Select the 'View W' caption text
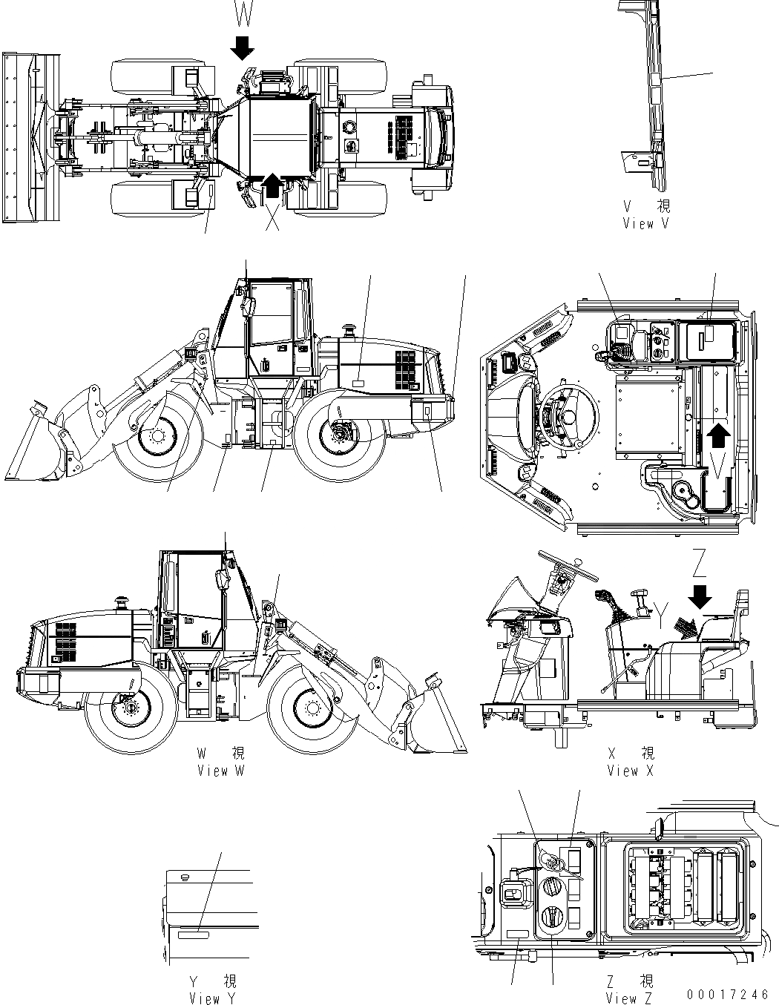point(220,771)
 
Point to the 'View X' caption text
point(631,771)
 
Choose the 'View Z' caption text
point(630,998)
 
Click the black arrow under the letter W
point(241,49)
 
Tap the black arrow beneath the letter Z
point(700,594)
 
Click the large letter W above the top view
point(242,13)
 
